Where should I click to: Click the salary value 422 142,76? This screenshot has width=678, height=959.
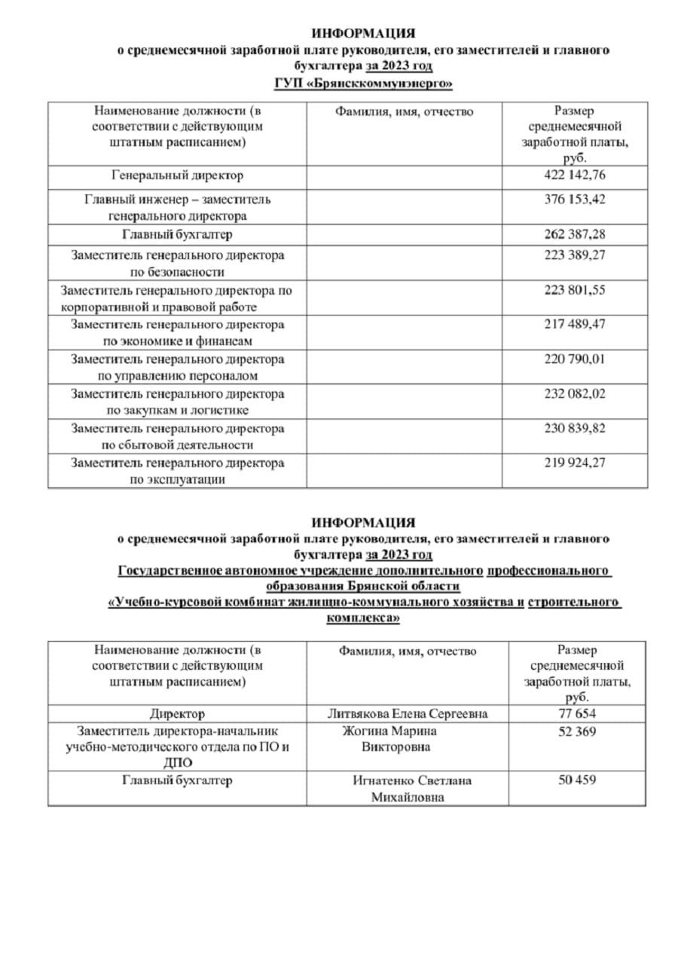pos(574,176)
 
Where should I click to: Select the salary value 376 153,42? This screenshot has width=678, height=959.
pos(574,200)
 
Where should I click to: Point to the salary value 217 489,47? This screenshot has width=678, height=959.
pos(574,324)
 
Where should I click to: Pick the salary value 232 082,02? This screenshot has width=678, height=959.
pos(574,393)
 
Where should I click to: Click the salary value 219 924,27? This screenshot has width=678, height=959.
pos(574,463)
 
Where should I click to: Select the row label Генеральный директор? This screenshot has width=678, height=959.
pos(177,176)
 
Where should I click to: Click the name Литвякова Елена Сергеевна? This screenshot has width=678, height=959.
pos(408,713)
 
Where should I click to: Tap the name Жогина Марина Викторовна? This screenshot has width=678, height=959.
pos(389,739)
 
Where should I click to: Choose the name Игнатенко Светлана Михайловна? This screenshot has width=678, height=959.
pos(408,788)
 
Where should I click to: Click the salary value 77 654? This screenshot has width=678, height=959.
pos(576,713)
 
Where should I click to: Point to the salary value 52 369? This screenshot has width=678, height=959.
pos(576,731)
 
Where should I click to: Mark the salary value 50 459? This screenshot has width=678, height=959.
pos(576,780)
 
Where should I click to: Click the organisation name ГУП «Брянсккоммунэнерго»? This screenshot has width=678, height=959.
pos(363,84)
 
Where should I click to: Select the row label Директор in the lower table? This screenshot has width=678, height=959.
pos(177,713)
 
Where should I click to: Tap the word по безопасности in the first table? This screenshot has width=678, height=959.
pos(177,272)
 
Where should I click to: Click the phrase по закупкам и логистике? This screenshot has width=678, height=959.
pos(177,411)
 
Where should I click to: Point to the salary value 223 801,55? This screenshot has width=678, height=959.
pos(574,289)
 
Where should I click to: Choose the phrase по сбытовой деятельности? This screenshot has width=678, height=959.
pos(177,445)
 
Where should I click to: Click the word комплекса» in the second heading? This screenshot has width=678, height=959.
pos(363,618)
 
